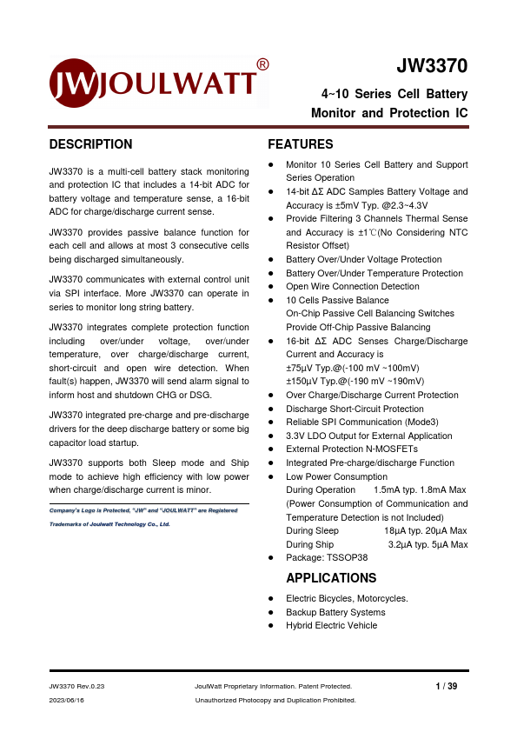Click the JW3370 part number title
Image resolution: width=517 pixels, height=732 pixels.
pyautogui.click(x=432, y=67)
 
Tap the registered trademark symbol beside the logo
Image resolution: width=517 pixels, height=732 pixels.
pyautogui.click(x=262, y=64)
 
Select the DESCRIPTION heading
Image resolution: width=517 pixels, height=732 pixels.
pyautogui.click(x=91, y=144)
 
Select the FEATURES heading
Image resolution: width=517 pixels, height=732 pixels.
pyautogui.click(x=300, y=144)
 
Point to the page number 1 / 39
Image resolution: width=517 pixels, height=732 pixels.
pyautogui.click(x=446, y=686)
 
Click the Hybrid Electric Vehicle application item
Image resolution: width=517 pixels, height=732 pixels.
pyautogui.click(x=331, y=625)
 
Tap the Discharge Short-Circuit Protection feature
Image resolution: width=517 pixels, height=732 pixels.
pyautogui.click(x=355, y=409)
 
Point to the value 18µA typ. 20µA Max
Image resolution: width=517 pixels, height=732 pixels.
pyautogui.click(x=426, y=530)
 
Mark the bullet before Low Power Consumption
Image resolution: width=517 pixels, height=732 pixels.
pyautogui.click(x=272, y=476)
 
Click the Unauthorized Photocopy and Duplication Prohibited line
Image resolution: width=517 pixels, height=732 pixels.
pyautogui.click(x=275, y=700)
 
